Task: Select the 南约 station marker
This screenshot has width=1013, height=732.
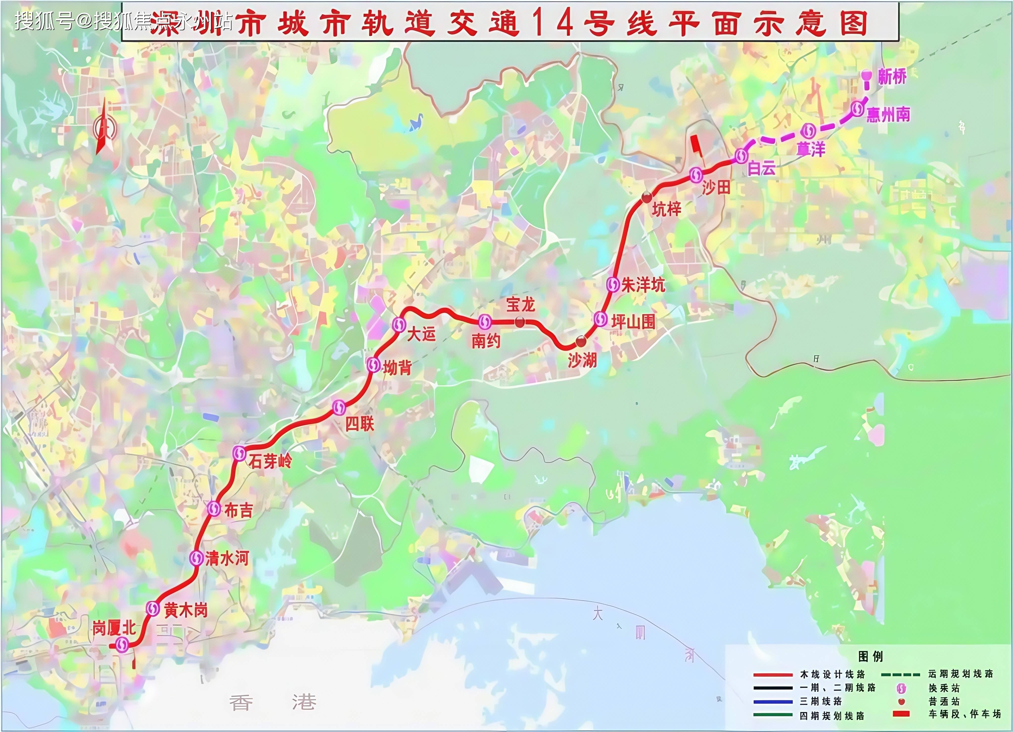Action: tap(485, 321)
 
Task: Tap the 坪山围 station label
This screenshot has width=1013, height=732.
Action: tap(633, 321)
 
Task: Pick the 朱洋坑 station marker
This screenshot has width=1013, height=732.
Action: tap(613, 284)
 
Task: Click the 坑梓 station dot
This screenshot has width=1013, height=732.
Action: tap(646, 197)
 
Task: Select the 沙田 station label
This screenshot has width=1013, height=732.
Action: tap(716, 188)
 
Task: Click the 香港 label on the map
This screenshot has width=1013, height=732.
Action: tap(273, 703)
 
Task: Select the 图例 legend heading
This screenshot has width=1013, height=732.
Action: tap(871, 656)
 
